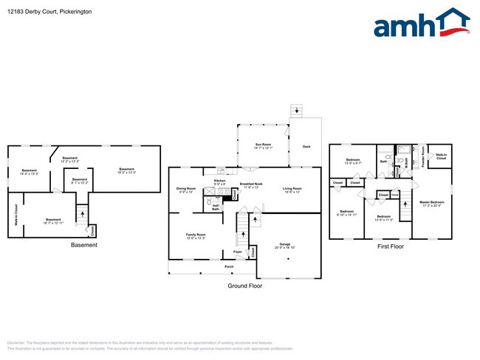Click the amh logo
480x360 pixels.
(422, 24)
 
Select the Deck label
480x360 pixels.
(306, 147)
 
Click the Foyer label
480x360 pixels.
(238, 252)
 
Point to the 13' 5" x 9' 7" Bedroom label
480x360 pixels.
(354, 162)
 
